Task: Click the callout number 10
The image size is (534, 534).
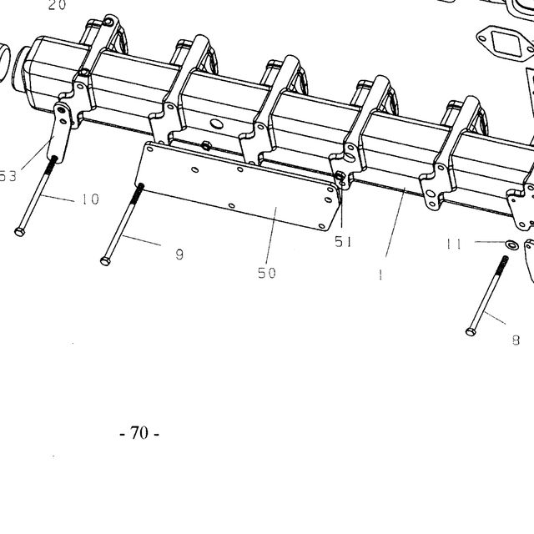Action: click(91, 199)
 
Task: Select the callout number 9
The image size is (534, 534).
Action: click(179, 254)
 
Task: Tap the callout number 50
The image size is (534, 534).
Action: click(267, 273)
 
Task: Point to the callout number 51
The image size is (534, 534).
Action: click(343, 242)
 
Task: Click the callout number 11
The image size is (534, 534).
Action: click(454, 244)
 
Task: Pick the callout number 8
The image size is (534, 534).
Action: click(516, 340)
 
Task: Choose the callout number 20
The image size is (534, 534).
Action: click(57, 5)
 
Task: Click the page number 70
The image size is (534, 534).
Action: click(139, 433)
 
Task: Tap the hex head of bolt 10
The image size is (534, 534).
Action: click(20, 232)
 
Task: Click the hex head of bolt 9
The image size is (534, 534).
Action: click(105, 261)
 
